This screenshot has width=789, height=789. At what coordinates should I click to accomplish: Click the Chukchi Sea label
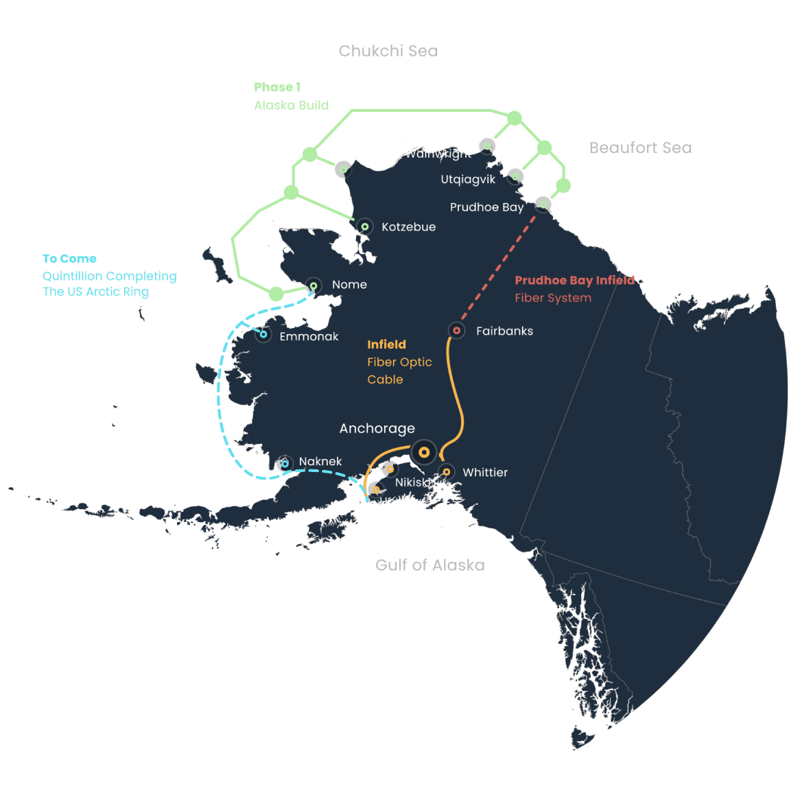(388, 51)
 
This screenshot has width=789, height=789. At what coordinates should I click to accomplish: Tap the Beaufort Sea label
(640, 148)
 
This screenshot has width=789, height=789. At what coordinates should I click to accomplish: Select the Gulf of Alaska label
(429, 565)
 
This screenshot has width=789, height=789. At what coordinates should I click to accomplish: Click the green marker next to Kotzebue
(365, 226)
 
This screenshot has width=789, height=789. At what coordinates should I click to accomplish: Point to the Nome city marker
(314, 285)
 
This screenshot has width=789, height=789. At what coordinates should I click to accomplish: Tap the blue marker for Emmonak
(263, 335)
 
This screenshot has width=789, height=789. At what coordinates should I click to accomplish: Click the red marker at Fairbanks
(457, 331)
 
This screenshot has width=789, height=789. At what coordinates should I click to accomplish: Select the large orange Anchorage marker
(424, 452)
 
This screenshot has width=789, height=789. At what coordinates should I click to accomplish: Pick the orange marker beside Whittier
(447, 472)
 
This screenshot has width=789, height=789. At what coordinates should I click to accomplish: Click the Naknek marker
(285, 464)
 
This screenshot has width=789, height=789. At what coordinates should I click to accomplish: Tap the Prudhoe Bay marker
(543, 204)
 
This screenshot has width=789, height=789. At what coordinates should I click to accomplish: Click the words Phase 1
(277, 87)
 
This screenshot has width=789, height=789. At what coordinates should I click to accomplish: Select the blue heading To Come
(69, 259)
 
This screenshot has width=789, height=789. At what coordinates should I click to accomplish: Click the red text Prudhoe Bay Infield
(575, 280)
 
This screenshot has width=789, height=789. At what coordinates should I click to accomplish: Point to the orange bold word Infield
(386, 344)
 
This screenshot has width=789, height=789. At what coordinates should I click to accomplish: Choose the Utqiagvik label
(468, 180)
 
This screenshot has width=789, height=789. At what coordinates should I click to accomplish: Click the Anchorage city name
(377, 429)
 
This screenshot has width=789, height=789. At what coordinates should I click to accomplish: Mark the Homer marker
(375, 490)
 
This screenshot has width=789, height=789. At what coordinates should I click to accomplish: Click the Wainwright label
(438, 154)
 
